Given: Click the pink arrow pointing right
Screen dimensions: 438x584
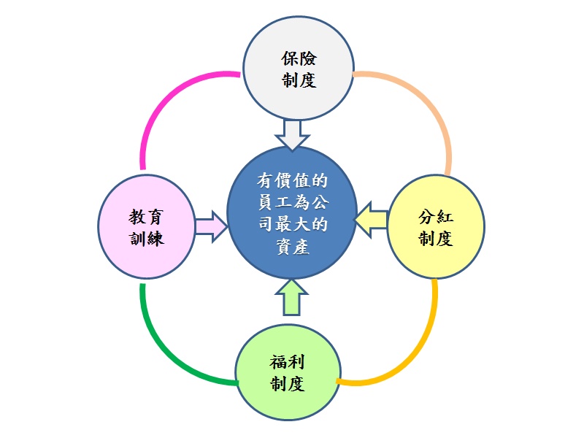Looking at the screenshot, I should pos(210,226).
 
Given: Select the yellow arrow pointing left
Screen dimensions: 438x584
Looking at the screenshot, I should pos(372,218).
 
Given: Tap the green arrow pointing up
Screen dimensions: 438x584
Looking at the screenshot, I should pos(292,298).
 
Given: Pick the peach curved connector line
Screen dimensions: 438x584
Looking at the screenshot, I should pos(423,102).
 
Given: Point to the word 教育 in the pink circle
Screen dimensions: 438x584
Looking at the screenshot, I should pos(146,217).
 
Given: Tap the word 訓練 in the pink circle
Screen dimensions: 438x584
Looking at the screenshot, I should pos(146,239).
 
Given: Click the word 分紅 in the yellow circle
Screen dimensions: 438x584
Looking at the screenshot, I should pos(436,217).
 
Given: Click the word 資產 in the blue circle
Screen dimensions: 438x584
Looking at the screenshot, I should pos(292,247).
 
